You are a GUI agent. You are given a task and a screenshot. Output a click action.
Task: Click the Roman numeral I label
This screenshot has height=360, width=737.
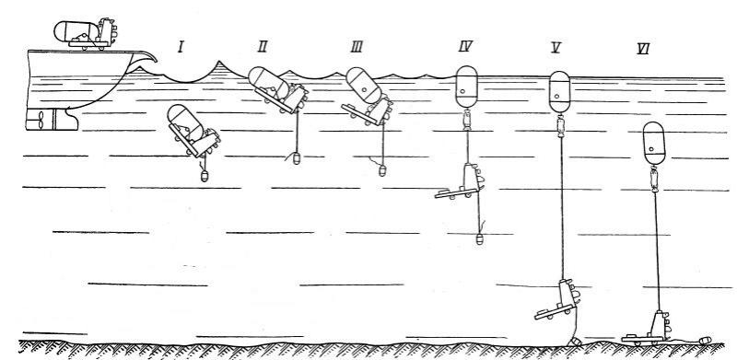coord(181,47)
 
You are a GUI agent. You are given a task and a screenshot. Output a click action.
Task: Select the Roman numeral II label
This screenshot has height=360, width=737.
coord(263,46)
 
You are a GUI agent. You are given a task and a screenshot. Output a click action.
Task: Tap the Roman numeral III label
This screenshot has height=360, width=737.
coord(357,47)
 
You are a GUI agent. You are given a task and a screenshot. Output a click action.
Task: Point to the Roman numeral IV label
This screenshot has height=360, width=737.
coord(465,46)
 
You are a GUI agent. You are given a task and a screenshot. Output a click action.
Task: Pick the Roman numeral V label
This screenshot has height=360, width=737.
coord(556,48)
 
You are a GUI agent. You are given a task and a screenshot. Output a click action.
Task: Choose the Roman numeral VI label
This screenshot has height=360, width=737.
coord(643,49)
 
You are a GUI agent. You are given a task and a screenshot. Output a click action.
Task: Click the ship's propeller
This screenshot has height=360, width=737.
coord(41,120)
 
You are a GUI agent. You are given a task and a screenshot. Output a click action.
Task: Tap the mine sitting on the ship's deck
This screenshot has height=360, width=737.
coord(86,34)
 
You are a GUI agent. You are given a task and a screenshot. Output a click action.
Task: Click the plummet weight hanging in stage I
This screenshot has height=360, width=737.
coord(204,176)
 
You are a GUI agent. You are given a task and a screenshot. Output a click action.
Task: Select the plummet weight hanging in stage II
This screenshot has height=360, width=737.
coord(297,158)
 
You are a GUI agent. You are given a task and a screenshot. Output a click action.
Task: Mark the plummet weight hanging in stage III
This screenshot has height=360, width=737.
coord(382,170)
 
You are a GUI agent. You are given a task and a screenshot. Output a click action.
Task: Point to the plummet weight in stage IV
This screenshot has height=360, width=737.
coord(479,238)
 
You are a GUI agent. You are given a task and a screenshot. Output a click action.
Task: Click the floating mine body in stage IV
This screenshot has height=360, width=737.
coord(467,87)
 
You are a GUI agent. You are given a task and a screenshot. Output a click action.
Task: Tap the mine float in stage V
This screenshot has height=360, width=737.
coord(560,92)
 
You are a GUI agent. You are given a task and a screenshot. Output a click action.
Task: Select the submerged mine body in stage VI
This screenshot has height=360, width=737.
coord(654,144)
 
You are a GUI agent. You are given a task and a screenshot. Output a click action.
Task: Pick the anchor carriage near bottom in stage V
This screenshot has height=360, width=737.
coord(558,300)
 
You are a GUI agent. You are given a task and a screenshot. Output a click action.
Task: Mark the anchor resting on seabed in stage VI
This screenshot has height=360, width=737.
coord(647,329)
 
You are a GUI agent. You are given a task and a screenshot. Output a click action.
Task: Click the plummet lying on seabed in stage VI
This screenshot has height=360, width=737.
coord(705,341)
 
